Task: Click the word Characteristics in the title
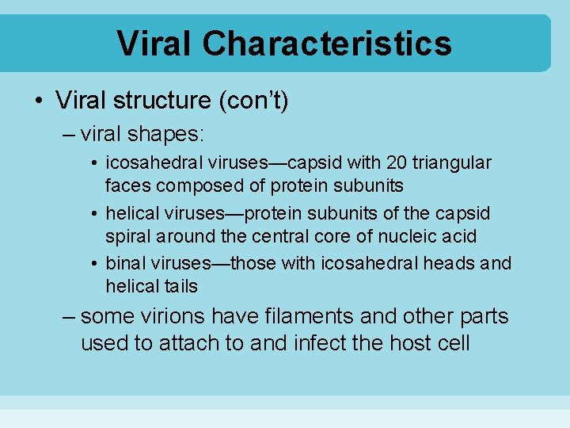(x=327, y=43)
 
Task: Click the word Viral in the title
(x=155, y=43)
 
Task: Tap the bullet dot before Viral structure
(x=39, y=101)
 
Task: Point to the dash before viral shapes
(x=69, y=132)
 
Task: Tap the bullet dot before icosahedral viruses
(x=95, y=163)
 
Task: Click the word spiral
(x=127, y=236)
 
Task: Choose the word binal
(x=125, y=263)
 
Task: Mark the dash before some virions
(x=69, y=317)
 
